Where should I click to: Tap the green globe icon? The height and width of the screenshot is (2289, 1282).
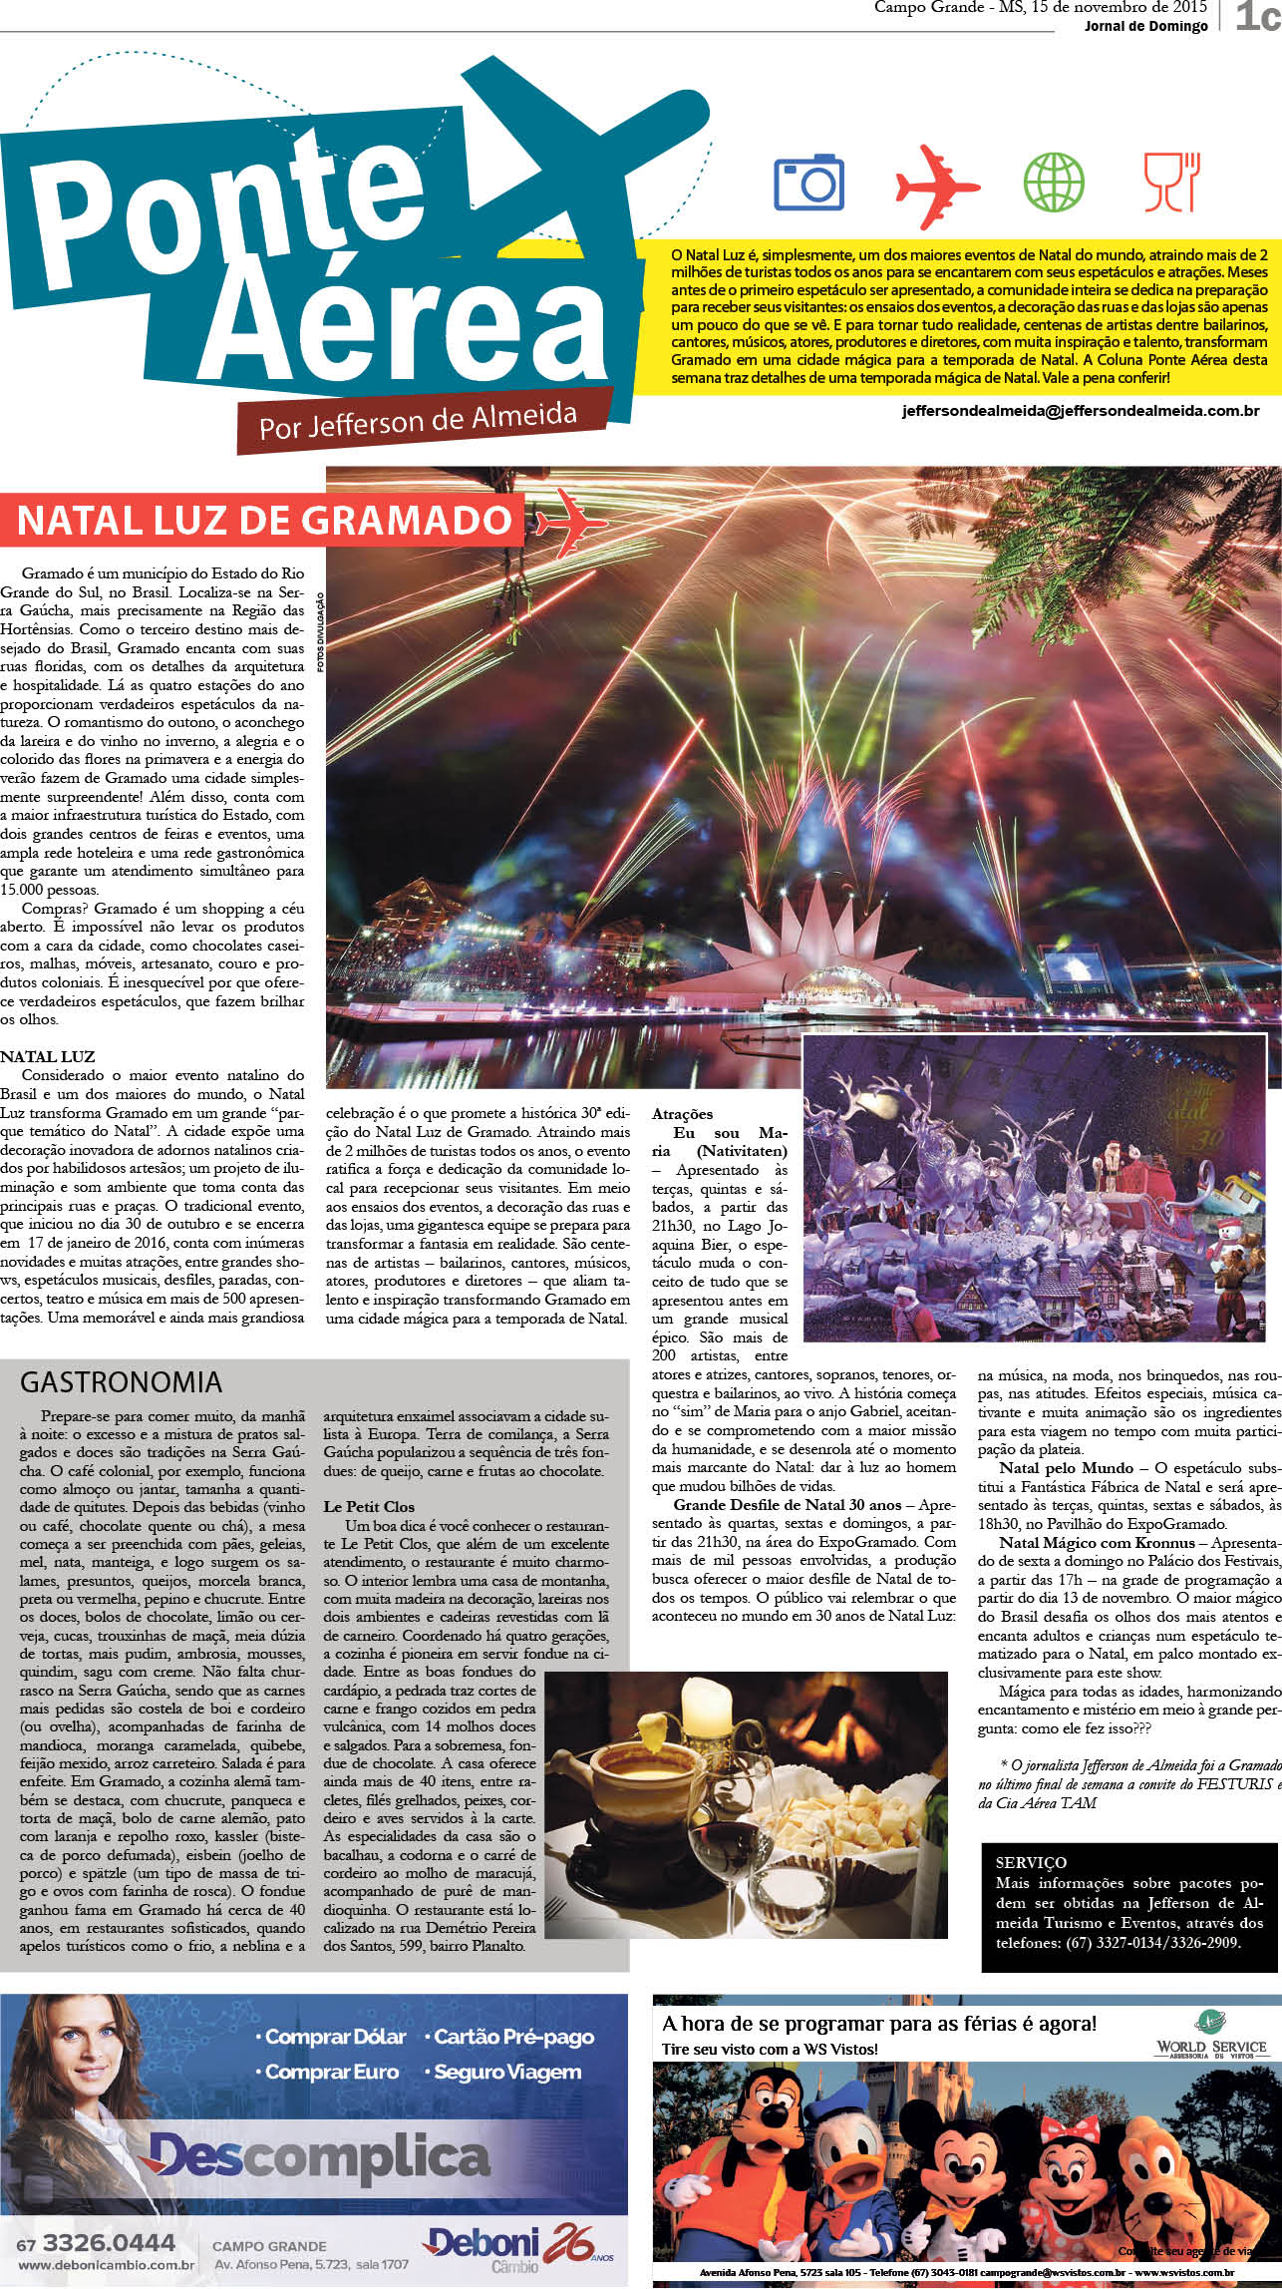(x=1054, y=182)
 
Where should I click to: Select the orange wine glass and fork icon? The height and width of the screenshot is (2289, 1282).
(x=1172, y=182)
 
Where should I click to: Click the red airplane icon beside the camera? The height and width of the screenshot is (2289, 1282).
(x=936, y=185)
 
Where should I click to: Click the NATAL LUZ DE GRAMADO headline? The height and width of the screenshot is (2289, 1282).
(x=264, y=521)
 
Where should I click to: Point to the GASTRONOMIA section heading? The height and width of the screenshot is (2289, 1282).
(x=121, y=1381)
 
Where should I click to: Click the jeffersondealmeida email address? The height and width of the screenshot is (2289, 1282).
(x=1081, y=410)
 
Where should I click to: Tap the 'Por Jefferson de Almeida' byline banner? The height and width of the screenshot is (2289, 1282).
(x=418, y=420)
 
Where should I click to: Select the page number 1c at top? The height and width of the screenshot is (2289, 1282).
(x=1255, y=16)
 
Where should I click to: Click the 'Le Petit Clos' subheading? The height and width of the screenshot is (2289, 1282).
(x=369, y=1506)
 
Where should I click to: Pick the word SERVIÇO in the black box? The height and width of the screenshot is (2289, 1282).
(x=1031, y=1862)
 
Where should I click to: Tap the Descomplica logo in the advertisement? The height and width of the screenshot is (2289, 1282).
(x=318, y=2157)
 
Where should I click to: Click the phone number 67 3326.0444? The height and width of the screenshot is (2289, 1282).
(x=98, y=2243)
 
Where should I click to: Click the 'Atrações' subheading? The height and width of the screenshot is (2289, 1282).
(x=683, y=1114)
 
